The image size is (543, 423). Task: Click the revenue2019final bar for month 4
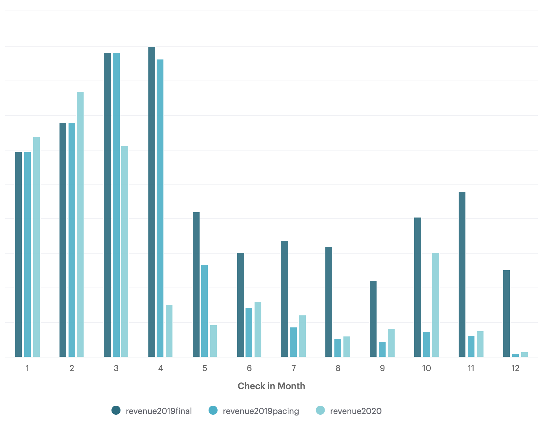point(152,202)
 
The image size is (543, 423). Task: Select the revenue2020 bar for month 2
point(80,224)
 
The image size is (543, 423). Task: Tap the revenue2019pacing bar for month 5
point(204,311)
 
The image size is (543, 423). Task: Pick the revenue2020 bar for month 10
point(436,305)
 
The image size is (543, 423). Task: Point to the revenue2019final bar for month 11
point(462,274)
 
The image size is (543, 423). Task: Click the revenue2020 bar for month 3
point(125,251)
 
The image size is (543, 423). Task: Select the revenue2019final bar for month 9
point(373,319)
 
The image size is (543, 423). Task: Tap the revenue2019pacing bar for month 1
point(27,254)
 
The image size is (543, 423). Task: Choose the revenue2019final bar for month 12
point(506,313)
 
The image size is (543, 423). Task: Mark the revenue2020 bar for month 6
point(258,329)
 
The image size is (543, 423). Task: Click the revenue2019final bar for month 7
point(284,299)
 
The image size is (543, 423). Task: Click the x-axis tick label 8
point(338,368)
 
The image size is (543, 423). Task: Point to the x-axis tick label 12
point(515,368)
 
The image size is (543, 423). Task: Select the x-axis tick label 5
point(205,368)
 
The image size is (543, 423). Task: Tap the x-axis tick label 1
point(27,368)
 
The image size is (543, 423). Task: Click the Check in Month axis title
point(271,386)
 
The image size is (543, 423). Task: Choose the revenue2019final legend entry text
point(159,411)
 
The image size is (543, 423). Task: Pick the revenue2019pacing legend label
point(261,411)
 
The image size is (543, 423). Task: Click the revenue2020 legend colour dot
point(320,411)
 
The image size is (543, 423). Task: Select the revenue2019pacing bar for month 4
point(160,208)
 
